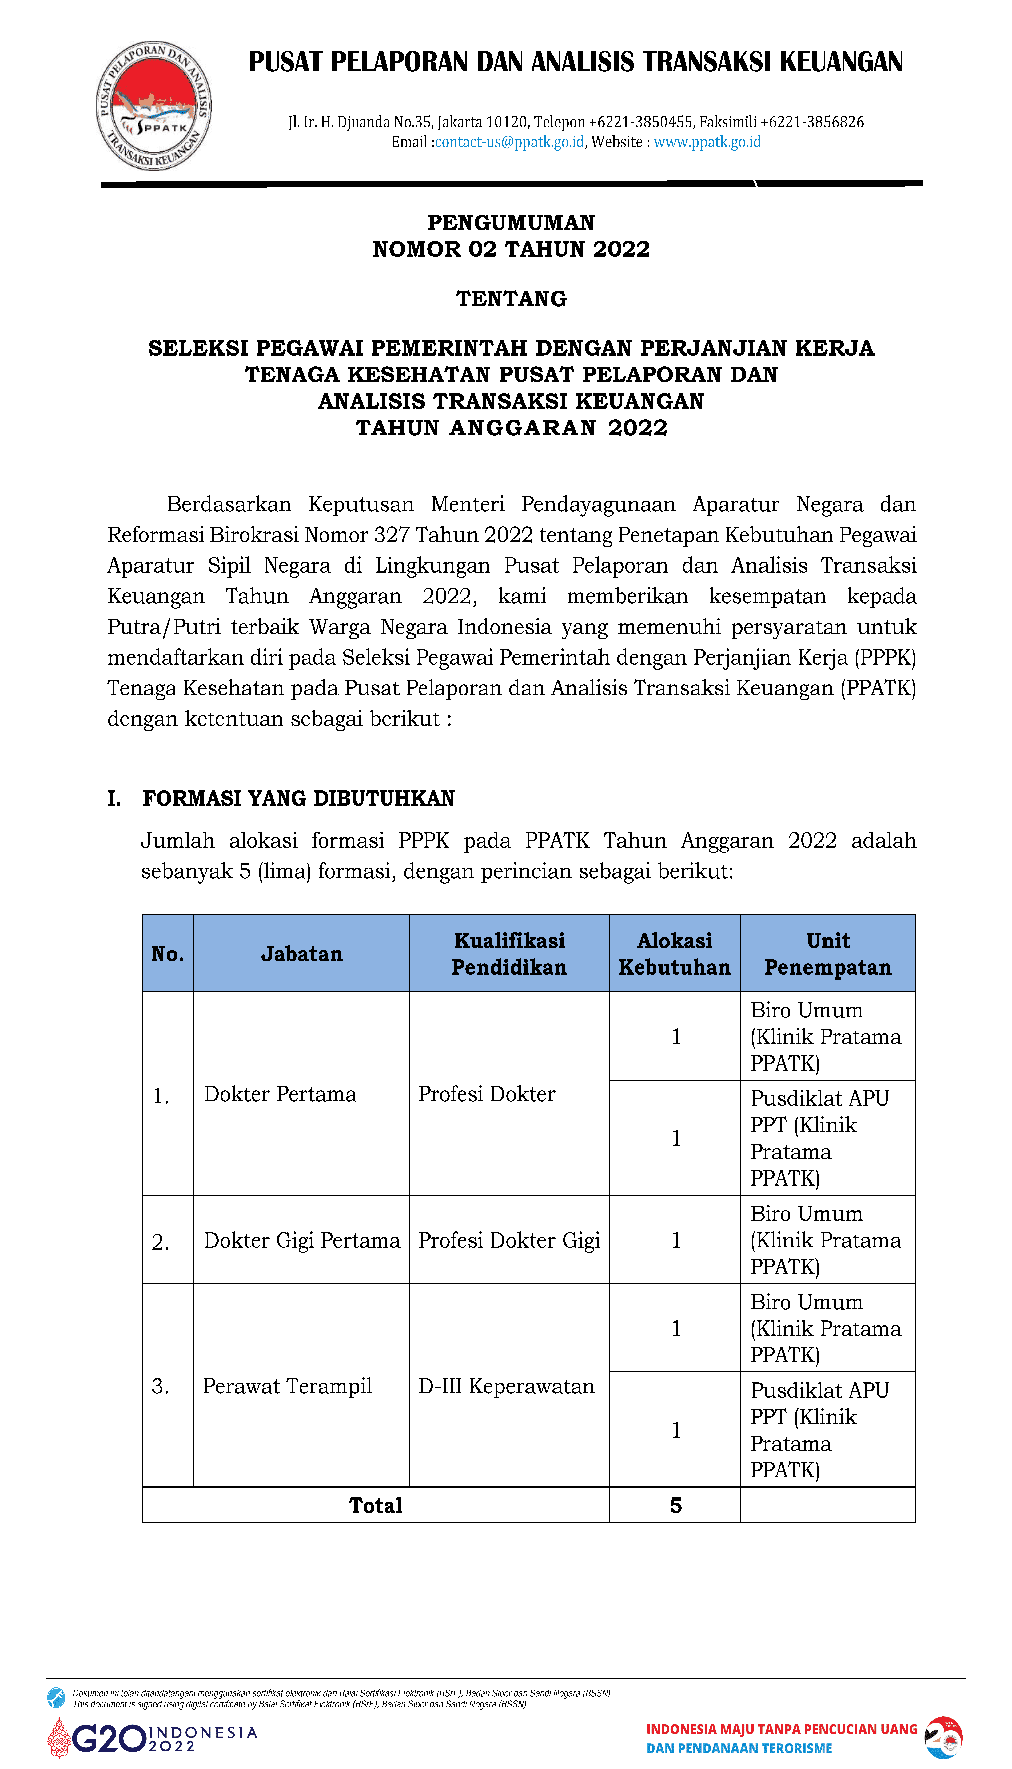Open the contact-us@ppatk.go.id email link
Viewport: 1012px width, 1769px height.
509,143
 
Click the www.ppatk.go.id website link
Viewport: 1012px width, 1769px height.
707,143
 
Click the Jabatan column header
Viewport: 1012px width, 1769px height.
302,954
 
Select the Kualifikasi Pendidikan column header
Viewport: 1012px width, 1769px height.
509,954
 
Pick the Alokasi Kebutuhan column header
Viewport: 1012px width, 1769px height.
674,954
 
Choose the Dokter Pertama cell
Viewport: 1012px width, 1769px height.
280,1094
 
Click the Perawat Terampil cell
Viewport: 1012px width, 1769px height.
287,1387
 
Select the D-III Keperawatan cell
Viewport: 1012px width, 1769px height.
506,1387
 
